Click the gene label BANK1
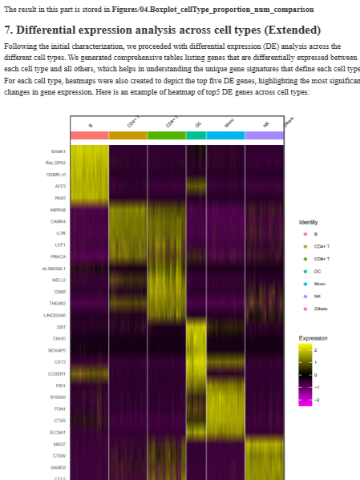59,151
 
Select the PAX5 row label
60,197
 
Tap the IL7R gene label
60,232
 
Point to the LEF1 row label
60,244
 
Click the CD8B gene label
59,292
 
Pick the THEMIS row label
58,303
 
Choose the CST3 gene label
60,362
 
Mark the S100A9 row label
58,397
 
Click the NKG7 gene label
59,444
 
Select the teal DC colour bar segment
196,135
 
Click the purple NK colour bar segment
264,135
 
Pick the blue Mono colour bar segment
225,135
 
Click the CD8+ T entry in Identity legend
323,259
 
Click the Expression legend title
313,338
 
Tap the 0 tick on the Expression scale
316,374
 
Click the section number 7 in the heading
8,29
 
